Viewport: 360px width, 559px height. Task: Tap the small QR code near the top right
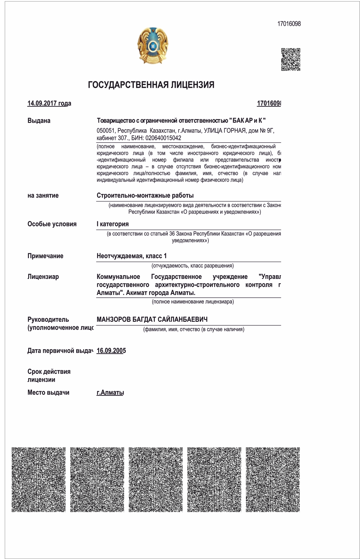coord(291,59)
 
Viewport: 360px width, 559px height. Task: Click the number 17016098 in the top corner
coord(289,24)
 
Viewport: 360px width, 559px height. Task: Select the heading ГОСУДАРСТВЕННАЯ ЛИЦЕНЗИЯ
coord(151,85)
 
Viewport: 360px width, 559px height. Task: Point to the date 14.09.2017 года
coord(49,103)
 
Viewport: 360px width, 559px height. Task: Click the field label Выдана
coord(39,121)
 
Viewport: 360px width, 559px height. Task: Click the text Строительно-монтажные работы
coord(145,195)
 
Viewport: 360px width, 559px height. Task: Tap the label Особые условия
coord(52,224)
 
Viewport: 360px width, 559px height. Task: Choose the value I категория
coord(112,224)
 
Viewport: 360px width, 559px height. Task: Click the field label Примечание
coord(45,256)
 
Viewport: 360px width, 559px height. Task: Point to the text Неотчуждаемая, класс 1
coord(132,256)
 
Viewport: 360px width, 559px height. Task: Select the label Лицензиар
coord(43,277)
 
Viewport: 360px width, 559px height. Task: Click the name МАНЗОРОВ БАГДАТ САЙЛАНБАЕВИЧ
coord(152,319)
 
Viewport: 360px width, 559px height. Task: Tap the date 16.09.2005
coord(111,351)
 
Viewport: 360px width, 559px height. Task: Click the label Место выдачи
coord(48,393)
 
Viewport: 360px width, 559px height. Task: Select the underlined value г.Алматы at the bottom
coord(110,393)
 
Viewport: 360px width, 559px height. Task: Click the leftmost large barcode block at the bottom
coord(38,480)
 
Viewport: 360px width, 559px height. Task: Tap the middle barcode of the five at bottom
coord(156,480)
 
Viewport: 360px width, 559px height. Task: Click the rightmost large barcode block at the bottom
coord(273,480)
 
